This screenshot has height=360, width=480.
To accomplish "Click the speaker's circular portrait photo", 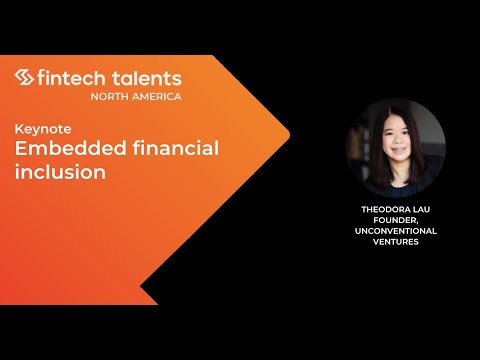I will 395,149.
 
